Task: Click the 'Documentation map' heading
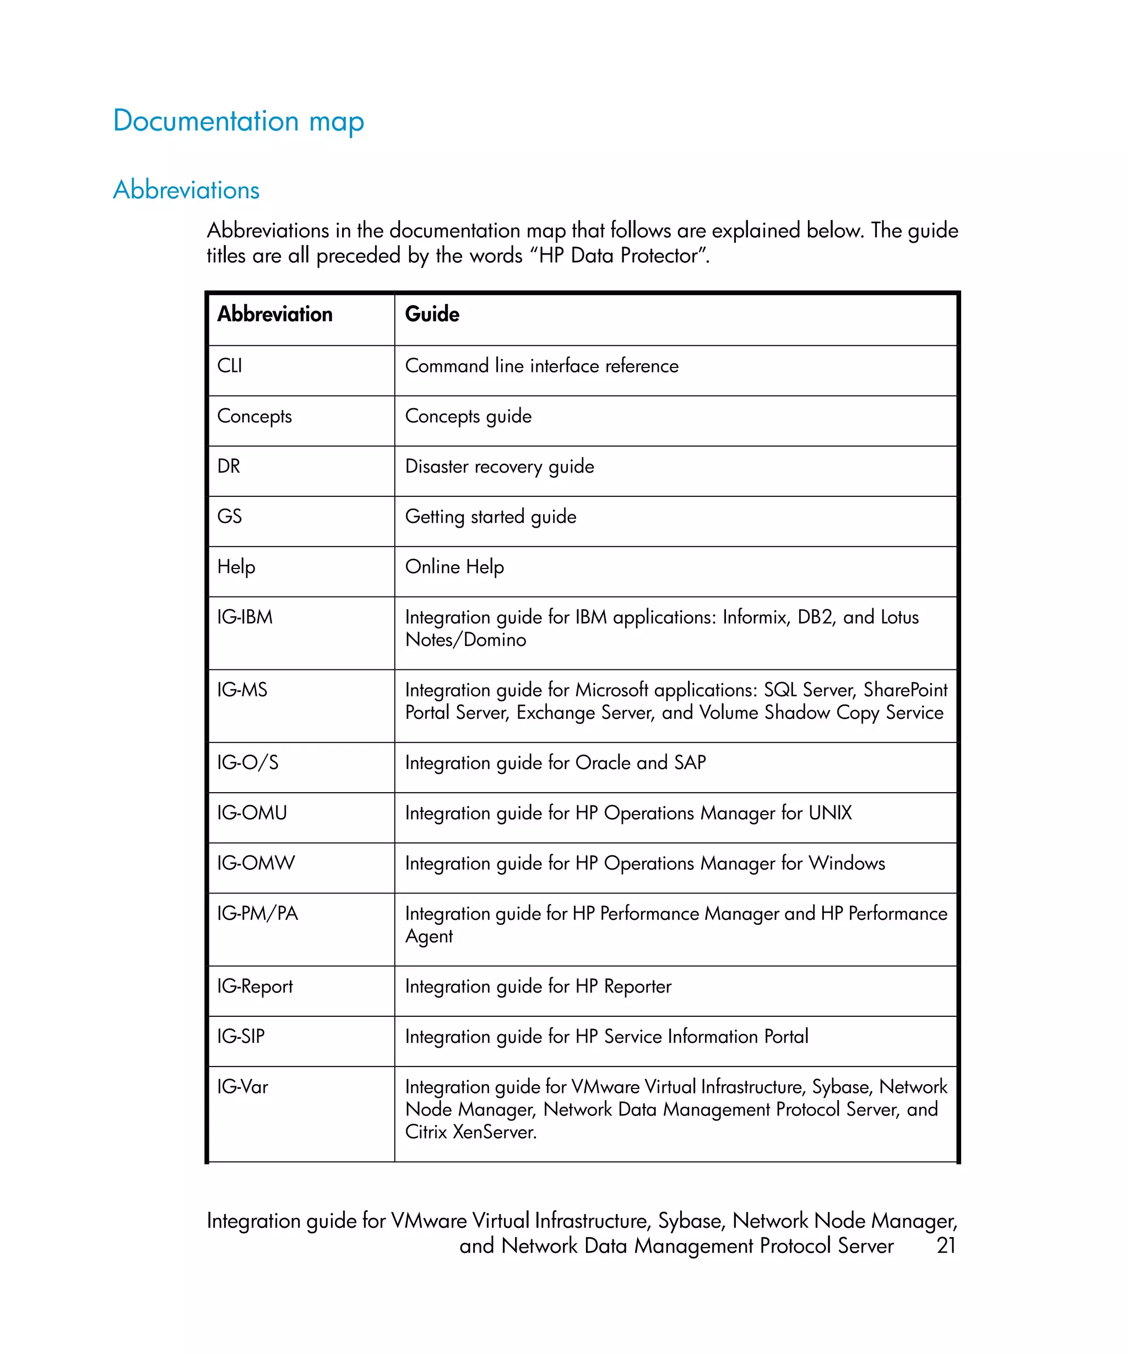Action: pyautogui.click(x=238, y=121)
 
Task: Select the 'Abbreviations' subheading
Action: pyautogui.click(x=186, y=190)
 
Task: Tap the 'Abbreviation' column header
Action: pyautogui.click(x=275, y=314)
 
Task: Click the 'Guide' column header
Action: pyautogui.click(x=432, y=314)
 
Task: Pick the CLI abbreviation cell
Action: pyautogui.click(x=230, y=366)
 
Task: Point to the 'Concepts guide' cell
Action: pyautogui.click(x=468, y=416)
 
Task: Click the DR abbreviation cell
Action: pyautogui.click(x=229, y=466)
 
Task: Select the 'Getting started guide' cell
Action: pyautogui.click(x=491, y=517)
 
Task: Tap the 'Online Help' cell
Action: pyautogui.click(x=454, y=567)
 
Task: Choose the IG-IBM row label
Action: pyautogui.click(x=245, y=617)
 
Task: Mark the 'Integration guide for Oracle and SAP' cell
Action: pyautogui.click(x=555, y=763)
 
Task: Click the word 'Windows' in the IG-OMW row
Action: pyautogui.click(x=847, y=863)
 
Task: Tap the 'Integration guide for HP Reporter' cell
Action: pyautogui.click(x=538, y=987)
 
